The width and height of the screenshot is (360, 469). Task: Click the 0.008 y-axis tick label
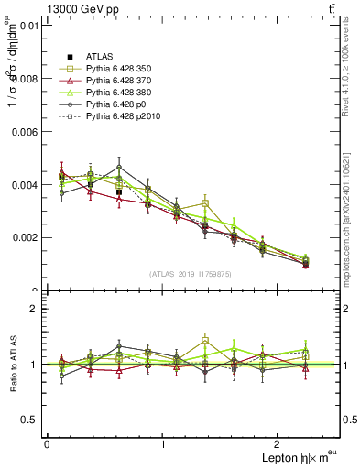[26, 78]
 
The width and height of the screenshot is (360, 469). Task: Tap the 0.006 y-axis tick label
[26, 131]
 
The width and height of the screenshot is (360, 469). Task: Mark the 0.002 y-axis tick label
[26, 237]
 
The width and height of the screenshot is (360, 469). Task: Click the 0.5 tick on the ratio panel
[31, 420]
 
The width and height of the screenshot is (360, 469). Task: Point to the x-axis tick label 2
[279, 444]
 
